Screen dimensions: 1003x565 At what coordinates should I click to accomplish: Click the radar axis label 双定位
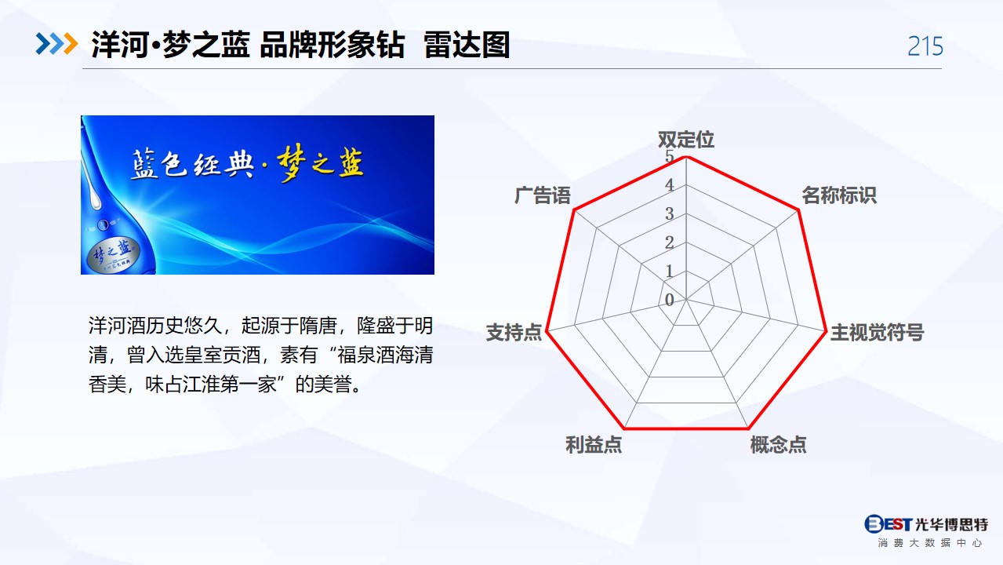[x=685, y=140]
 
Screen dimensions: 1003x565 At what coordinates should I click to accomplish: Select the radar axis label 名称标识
[x=838, y=195]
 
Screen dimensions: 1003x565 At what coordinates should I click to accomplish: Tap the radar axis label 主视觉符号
[x=877, y=333]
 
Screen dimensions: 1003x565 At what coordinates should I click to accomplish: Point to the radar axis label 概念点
[x=778, y=445]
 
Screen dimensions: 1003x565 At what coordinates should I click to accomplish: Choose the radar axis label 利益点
[x=594, y=445]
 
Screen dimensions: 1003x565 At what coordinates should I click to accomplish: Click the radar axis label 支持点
[x=514, y=333]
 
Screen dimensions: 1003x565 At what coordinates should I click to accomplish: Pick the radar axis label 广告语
[x=543, y=195]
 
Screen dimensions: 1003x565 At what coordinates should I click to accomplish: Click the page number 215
[x=925, y=46]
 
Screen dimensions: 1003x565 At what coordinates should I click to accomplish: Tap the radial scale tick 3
[x=670, y=213]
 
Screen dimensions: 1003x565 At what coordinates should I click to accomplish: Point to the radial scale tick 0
[x=670, y=300]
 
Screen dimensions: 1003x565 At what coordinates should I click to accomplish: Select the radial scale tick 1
[x=670, y=271]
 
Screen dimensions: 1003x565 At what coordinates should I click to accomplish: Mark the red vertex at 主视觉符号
[x=826, y=331]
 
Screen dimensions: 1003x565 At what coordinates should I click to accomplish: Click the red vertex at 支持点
[x=547, y=331]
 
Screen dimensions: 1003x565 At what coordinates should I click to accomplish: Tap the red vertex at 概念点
[x=748, y=428]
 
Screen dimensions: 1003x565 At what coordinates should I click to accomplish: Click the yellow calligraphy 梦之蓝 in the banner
[x=321, y=162]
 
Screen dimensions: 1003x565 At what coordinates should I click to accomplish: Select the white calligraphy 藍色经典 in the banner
[x=193, y=165]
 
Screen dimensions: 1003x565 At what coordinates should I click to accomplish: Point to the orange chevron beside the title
[x=71, y=44]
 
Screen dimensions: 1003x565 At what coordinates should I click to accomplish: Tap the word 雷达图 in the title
[x=467, y=45]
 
